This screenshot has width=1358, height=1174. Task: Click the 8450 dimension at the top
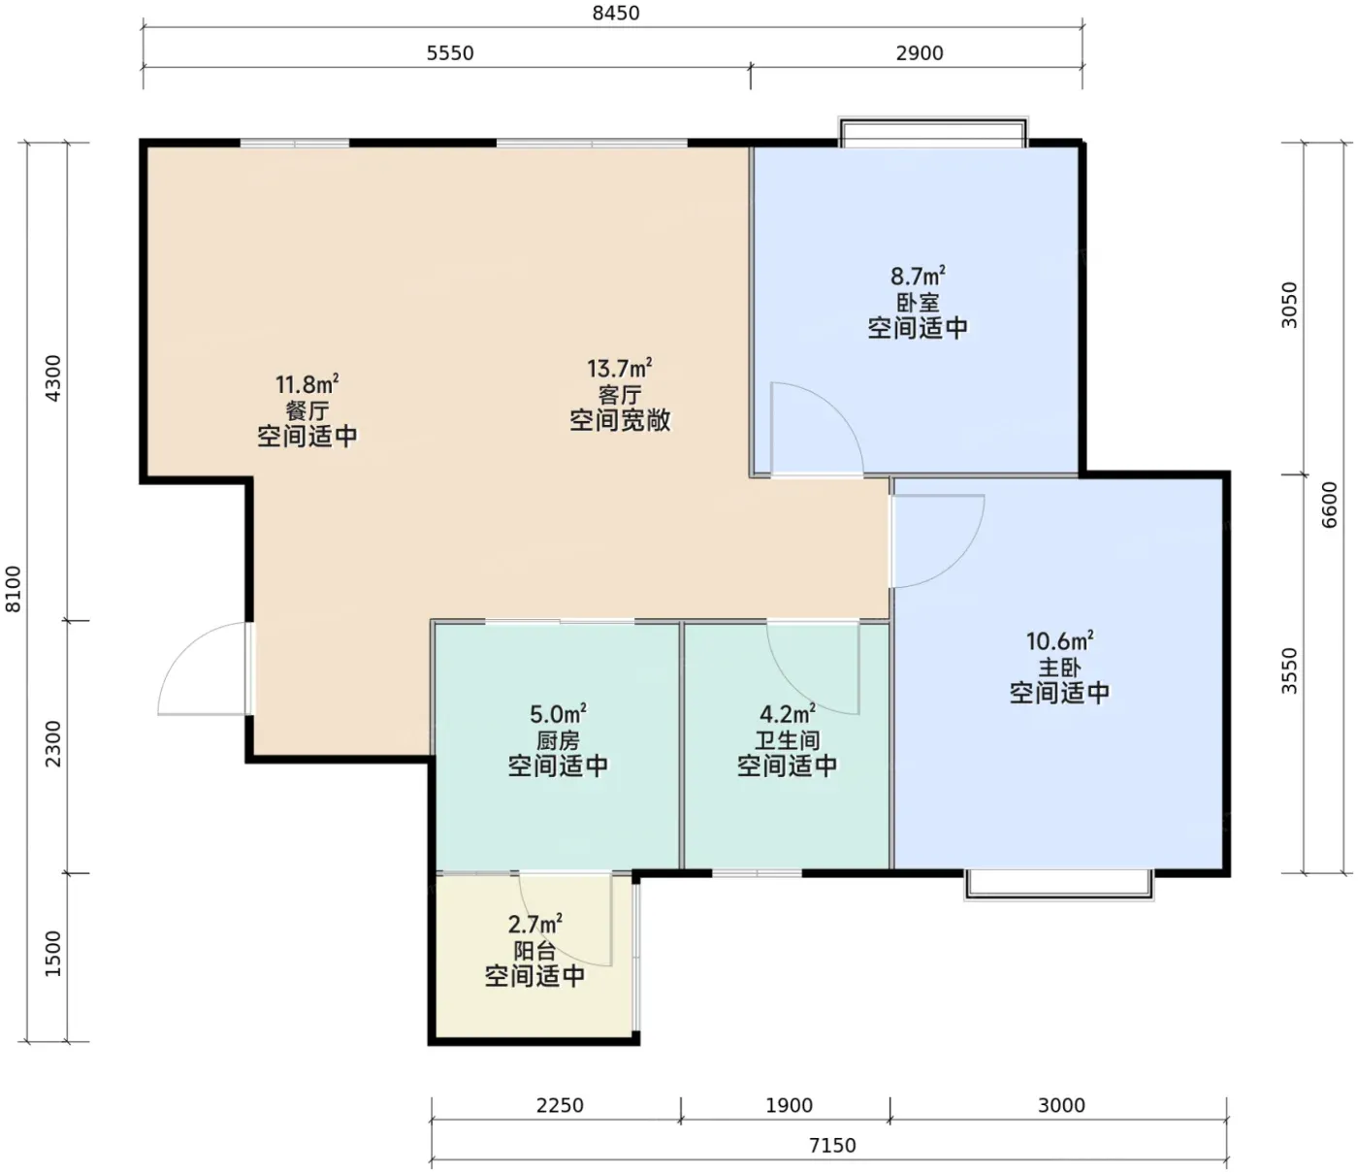pyautogui.click(x=616, y=14)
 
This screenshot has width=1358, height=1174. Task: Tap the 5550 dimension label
pyautogui.click(x=450, y=53)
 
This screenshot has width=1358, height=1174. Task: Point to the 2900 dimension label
pyautogui.click(x=920, y=53)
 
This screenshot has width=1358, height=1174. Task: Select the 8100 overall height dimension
pyautogui.click(x=14, y=589)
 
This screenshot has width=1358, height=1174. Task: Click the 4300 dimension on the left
pyautogui.click(x=52, y=378)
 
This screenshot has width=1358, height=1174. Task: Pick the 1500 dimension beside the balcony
pyautogui.click(x=52, y=954)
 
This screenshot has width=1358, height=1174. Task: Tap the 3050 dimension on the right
pyautogui.click(x=1290, y=305)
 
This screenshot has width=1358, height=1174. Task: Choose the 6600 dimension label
pyautogui.click(x=1329, y=505)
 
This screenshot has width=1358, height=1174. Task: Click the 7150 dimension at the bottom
pyautogui.click(x=832, y=1146)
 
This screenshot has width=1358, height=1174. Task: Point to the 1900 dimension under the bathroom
pyautogui.click(x=789, y=1106)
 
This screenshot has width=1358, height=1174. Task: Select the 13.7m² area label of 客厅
pyautogui.click(x=620, y=368)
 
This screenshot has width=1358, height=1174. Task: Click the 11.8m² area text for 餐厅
pyautogui.click(x=307, y=384)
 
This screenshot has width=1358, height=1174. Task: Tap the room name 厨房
pyautogui.click(x=558, y=741)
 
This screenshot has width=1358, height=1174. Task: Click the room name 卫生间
pyautogui.click(x=787, y=741)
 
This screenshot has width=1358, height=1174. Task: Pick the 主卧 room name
pyautogui.click(x=1059, y=668)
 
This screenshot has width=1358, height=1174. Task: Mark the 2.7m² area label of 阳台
pyautogui.click(x=534, y=925)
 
